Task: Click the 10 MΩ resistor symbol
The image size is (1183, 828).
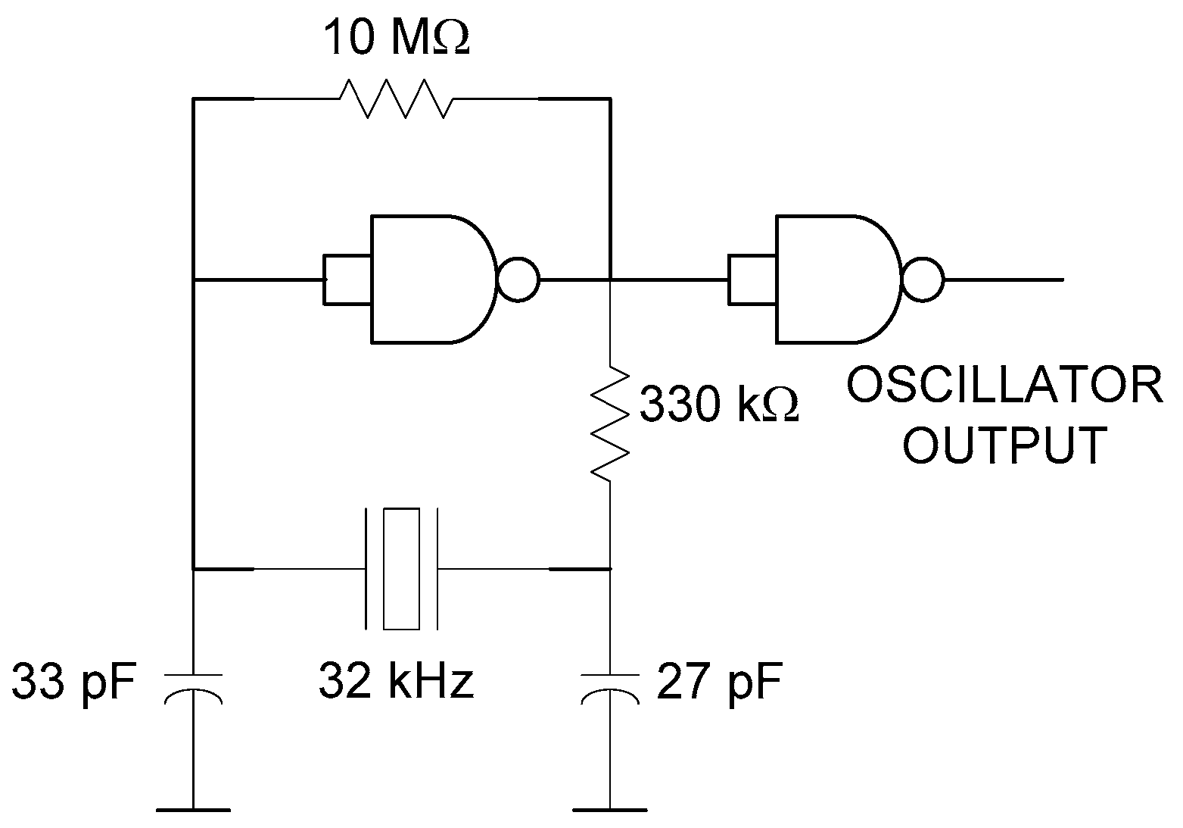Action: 397,98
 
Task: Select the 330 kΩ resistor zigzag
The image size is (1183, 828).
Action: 610,424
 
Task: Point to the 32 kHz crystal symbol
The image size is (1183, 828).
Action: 401,568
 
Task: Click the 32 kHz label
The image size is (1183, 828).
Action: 397,680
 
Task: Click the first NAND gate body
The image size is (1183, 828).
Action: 428,279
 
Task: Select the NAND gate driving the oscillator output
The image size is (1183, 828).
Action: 833,279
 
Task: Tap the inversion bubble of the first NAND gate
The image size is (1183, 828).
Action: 518,280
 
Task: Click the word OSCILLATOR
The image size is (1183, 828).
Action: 1004,386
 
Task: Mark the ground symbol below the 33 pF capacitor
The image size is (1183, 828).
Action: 194,809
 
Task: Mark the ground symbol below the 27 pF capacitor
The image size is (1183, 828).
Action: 610,809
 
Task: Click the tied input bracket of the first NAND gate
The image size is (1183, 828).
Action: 347,280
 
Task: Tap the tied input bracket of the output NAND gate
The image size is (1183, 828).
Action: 752,280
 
